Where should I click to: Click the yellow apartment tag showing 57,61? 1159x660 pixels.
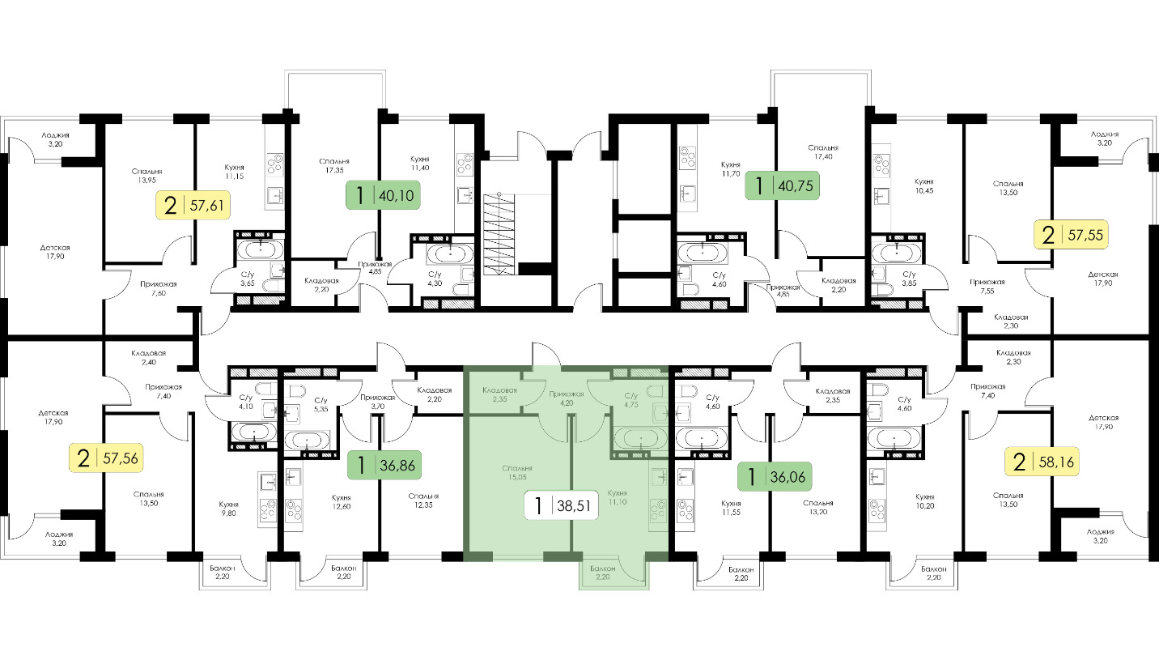pyautogui.click(x=193, y=206)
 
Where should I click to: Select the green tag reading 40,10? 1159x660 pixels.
pyautogui.click(x=383, y=195)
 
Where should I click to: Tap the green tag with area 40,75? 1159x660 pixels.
pyautogui.click(x=782, y=185)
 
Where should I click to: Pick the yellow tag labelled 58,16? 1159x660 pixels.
pyautogui.click(x=1042, y=462)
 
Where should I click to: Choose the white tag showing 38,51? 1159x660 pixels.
pyautogui.click(x=562, y=505)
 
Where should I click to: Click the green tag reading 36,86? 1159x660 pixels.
pyautogui.click(x=384, y=465)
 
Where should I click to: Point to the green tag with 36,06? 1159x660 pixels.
pyautogui.click(x=775, y=476)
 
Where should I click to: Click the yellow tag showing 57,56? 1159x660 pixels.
pyautogui.click(x=106, y=458)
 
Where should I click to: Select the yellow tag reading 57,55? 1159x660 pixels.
pyautogui.click(x=1071, y=235)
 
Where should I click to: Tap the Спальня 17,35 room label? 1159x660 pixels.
pyautogui.click(x=334, y=166)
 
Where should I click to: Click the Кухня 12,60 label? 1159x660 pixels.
pyautogui.click(x=342, y=502)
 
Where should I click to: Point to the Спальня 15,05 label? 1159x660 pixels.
pyautogui.click(x=517, y=473)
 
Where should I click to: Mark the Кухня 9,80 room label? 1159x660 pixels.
pyautogui.click(x=228, y=509)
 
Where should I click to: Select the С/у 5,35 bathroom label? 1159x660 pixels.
pyautogui.click(x=321, y=404)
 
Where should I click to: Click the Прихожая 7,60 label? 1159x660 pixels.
pyautogui.click(x=159, y=288)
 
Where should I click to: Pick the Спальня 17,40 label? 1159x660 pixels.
pyautogui.click(x=823, y=151)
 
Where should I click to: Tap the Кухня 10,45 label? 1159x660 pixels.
pyautogui.click(x=924, y=185)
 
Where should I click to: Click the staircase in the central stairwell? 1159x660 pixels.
pyautogui.click(x=500, y=235)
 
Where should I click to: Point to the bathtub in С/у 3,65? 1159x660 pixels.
pyautogui.click(x=261, y=250)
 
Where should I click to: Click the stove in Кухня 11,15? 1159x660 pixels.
pyautogui.click(x=274, y=164)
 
